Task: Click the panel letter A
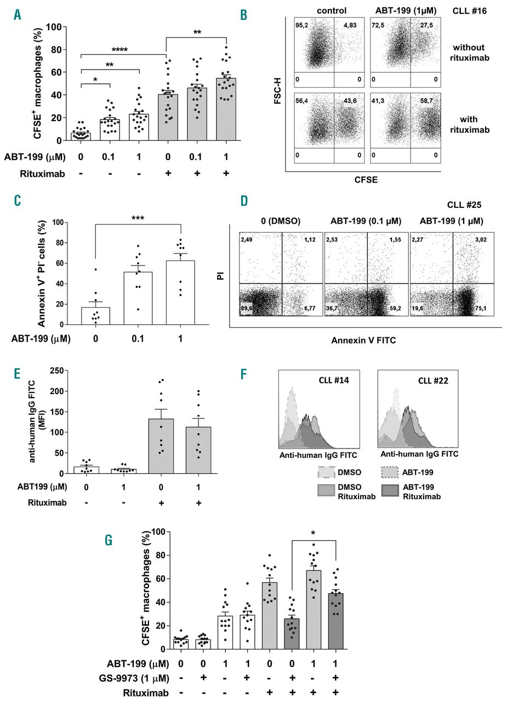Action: tap(18, 15)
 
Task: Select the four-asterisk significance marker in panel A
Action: tap(119, 50)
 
